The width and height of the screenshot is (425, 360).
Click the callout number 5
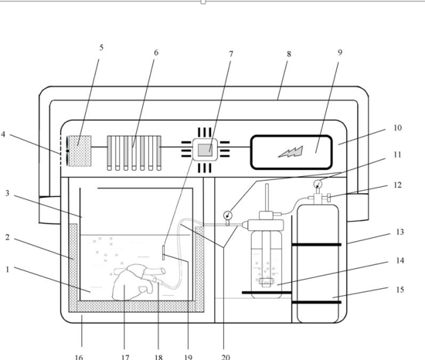(101, 48)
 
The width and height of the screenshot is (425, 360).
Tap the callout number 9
(340, 53)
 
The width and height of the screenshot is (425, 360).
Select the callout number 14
(400, 260)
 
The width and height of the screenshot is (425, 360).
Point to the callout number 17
(125, 357)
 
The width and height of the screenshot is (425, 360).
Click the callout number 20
(226, 357)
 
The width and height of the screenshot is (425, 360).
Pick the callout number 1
(8, 270)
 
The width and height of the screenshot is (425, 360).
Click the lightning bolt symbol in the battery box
(291, 151)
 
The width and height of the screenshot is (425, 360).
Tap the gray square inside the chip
(205, 150)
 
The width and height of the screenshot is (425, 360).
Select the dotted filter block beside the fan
(80, 151)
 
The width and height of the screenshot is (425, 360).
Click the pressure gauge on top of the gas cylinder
(318, 185)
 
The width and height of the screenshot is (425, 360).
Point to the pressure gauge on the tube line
(228, 216)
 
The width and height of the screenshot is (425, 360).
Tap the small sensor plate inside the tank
(164, 253)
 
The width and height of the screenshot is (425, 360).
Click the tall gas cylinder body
(318, 263)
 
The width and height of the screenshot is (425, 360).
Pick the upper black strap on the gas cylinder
(316, 245)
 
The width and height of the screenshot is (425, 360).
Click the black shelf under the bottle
(267, 293)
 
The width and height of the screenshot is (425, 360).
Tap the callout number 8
(289, 54)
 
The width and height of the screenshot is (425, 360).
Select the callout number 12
(397, 185)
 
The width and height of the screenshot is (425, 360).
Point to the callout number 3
(7, 193)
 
